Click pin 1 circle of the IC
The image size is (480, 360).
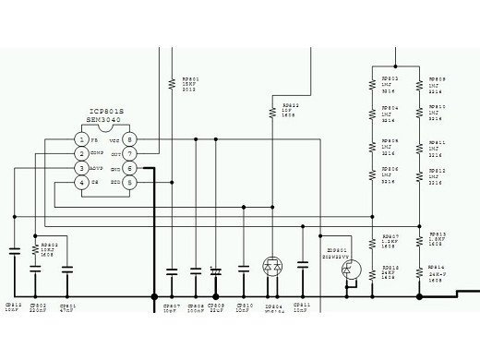[x=82, y=138]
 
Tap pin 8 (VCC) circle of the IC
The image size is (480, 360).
[x=130, y=138]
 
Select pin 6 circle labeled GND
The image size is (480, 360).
[x=130, y=169]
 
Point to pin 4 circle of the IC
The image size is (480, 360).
[x=82, y=183]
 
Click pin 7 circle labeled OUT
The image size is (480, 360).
[x=130, y=153]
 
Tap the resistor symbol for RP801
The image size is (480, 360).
[x=172, y=82]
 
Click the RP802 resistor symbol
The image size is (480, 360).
[x=35, y=243]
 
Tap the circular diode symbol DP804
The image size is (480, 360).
[x=272, y=266]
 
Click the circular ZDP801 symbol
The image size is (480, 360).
[x=350, y=269]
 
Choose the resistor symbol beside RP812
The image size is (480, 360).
[x=420, y=175]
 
